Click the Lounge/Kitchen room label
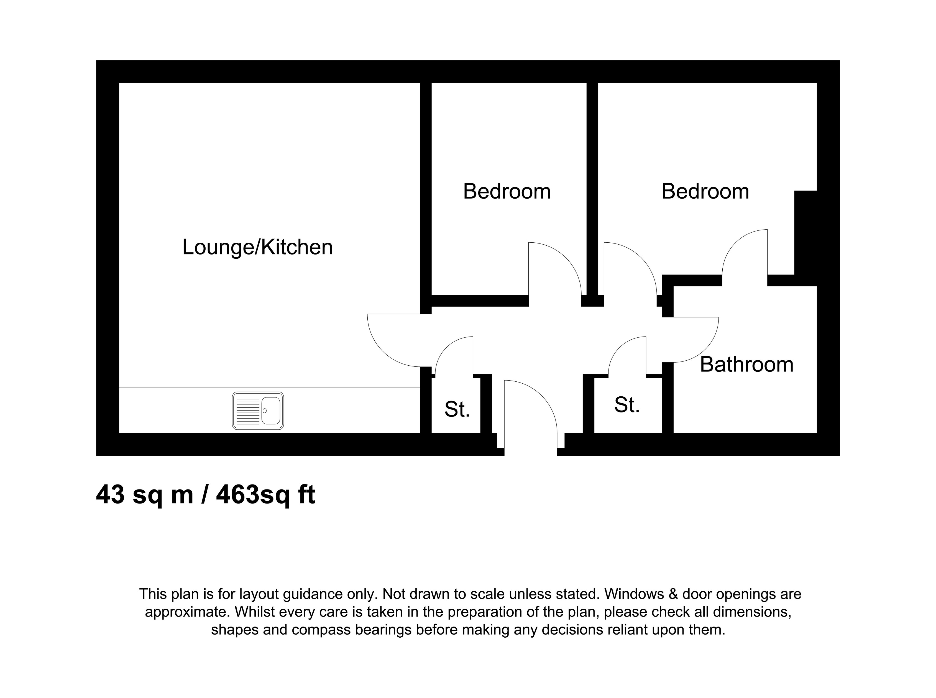[x=257, y=247]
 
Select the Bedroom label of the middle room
[x=507, y=191]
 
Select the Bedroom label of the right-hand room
[x=705, y=191]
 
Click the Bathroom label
[x=746, y=365]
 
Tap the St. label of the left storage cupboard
[x=457, y=409]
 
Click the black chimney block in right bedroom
[x=805, y=232]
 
